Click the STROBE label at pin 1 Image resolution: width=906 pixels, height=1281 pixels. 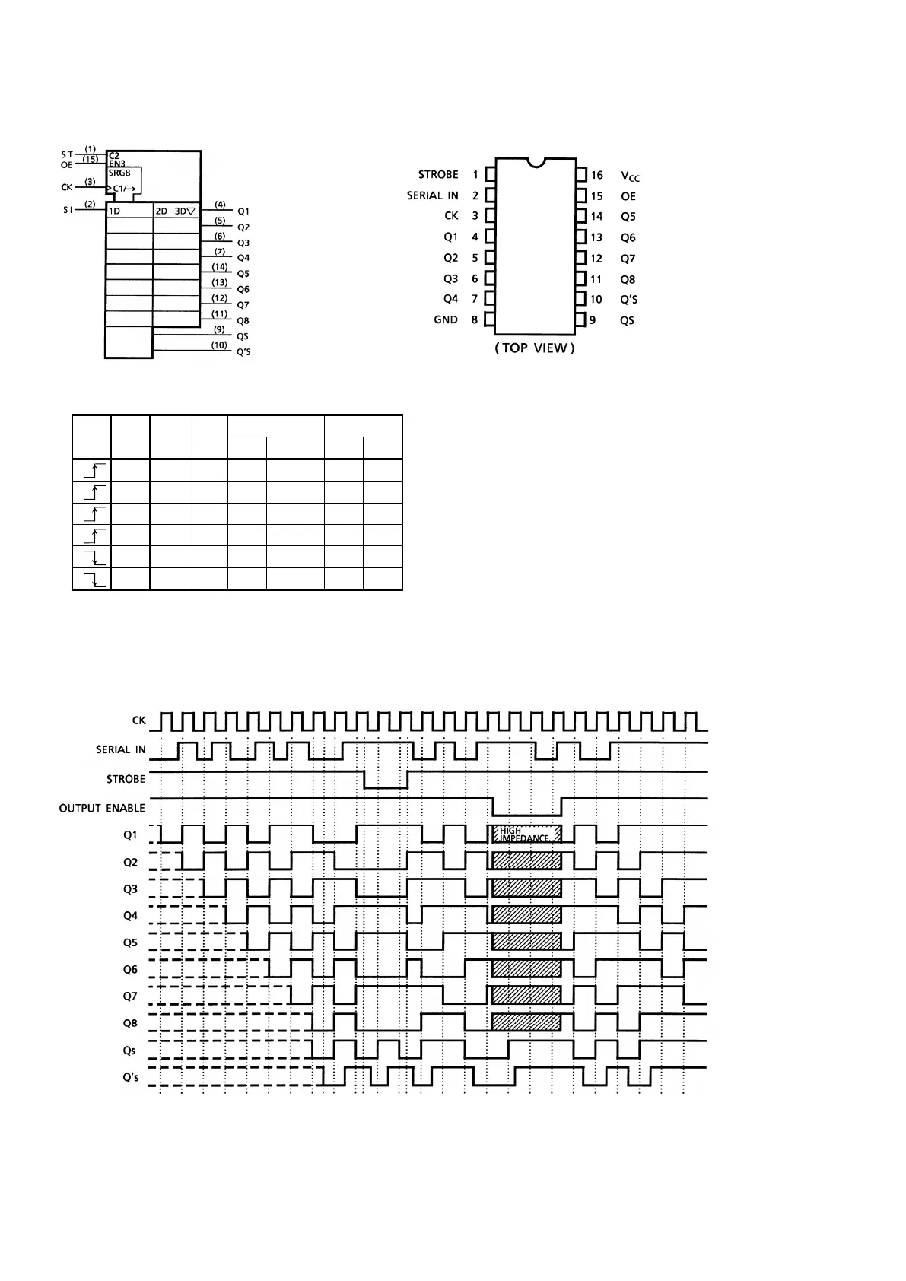438,175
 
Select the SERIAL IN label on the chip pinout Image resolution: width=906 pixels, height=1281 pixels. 432,195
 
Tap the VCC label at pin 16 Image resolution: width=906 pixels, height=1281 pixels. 630,176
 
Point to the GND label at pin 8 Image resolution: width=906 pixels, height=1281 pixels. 446,319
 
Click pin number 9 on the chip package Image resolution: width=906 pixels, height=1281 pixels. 593,320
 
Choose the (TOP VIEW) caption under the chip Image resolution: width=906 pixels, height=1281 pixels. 535,348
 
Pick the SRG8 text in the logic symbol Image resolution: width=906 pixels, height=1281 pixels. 120,173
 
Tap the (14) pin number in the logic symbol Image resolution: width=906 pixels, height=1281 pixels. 219,267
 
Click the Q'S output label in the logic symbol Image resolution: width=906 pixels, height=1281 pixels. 243,352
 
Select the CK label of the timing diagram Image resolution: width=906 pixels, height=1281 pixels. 139,720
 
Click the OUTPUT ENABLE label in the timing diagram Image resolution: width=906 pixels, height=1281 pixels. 102,808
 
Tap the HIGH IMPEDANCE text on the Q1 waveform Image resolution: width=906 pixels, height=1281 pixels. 524,834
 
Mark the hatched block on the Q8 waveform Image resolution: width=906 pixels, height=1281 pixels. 526,1022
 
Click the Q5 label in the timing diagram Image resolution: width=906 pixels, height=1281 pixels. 130,942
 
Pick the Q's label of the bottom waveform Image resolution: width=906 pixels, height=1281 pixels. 130,1077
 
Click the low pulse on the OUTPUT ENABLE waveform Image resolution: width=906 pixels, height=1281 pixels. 527,809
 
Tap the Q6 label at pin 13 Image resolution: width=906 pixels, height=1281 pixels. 628,238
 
